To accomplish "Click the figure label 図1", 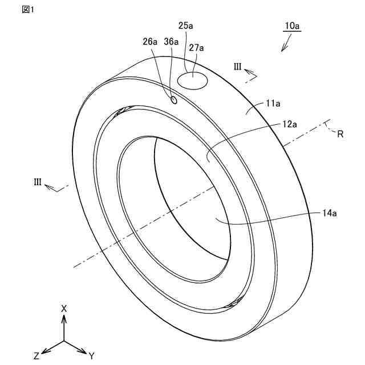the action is (27, 10).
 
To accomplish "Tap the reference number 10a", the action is (292, 26).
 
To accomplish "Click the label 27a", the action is (196, 48).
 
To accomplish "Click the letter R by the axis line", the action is (340, 135).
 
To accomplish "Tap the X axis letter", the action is (64, 309).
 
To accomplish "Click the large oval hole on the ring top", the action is (193, 80).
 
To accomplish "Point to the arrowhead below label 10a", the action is (283, 49).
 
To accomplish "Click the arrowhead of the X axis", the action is (64, 318).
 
